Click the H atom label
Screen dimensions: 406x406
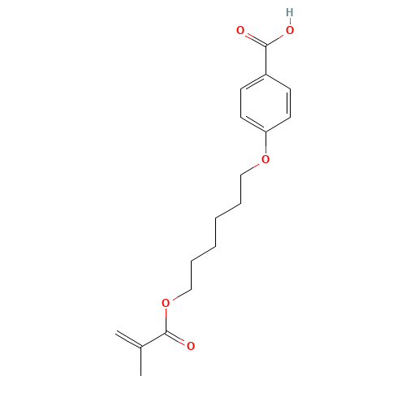[290, 13]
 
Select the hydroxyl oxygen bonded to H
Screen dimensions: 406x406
[290, 30]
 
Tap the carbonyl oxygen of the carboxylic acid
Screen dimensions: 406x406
[240, 30]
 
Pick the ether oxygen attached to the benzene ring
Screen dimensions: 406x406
[266, 159]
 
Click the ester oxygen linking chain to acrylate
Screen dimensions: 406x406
[166, 303]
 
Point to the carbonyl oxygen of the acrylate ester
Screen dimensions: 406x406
[191, 346]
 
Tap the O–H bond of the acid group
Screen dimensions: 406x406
[290, 22]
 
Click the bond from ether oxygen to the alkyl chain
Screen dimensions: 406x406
[253, 166]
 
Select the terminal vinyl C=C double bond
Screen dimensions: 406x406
[129, 339]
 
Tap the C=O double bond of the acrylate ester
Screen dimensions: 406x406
[179, 339]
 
